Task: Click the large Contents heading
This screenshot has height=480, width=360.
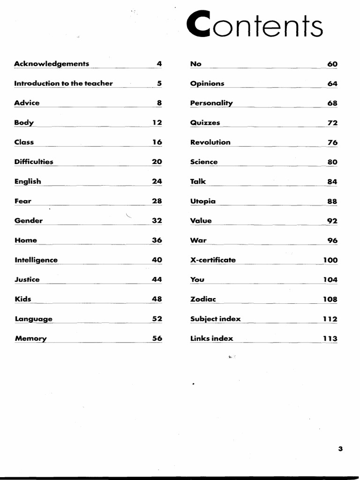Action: [x=255, y=25]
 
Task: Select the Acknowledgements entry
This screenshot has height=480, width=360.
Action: [x=52, y=64]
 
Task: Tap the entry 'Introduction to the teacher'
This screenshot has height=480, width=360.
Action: [x=63, y=83]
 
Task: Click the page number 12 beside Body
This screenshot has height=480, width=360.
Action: [x=157, y=122]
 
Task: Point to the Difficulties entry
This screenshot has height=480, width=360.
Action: [x=34, y=162]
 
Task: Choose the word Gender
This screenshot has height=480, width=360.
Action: [x=29, y=221]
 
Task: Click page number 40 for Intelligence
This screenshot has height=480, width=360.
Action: [x=157, y=260]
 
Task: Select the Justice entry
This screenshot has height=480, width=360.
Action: [x=27, y=279]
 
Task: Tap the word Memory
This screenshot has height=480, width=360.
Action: [x=31, y=338]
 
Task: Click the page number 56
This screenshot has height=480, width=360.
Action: [x=157, y=338]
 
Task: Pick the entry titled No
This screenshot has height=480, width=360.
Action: [x=196, y=64]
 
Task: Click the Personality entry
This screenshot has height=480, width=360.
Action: [x=211, y=103]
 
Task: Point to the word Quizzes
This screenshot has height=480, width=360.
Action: [x=205, y=123]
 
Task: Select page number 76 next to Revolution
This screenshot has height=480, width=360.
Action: [x=332, y=142]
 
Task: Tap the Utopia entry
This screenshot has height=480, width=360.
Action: [x=203, y=201]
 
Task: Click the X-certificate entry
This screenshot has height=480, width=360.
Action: [x=213, y=260]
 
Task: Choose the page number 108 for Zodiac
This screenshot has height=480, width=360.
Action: [x=330, y=299]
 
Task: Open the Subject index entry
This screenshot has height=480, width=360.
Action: [x=215, y=319]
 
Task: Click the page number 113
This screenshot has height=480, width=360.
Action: [x=330, y=338]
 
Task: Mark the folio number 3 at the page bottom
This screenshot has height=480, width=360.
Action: [x=340, y=449]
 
